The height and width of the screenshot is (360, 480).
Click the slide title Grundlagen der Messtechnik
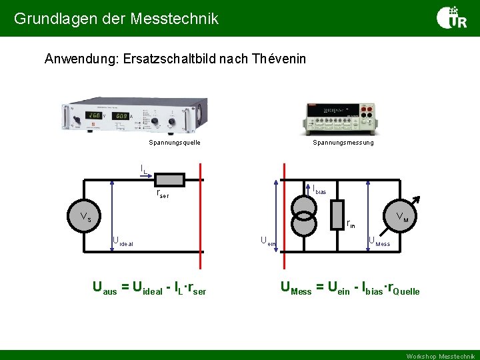pos(116,19)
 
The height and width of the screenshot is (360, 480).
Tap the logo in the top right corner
pos(451,18)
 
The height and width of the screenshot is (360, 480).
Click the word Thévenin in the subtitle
pos(279,59)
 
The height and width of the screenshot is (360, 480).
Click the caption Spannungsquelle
pos(175,143)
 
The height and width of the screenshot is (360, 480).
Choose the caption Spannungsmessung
pos(343,143)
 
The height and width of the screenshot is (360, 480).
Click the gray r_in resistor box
pos(337,214)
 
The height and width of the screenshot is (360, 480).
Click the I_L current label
pos(144,169)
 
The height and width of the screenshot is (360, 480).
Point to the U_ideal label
pos(123,241)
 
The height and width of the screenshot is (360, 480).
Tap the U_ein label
pos(267,241)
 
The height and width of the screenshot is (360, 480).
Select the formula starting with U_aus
pos(149,289)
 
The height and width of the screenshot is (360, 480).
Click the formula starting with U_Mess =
pos(350,289)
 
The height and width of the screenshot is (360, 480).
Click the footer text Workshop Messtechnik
pos(441,356)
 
